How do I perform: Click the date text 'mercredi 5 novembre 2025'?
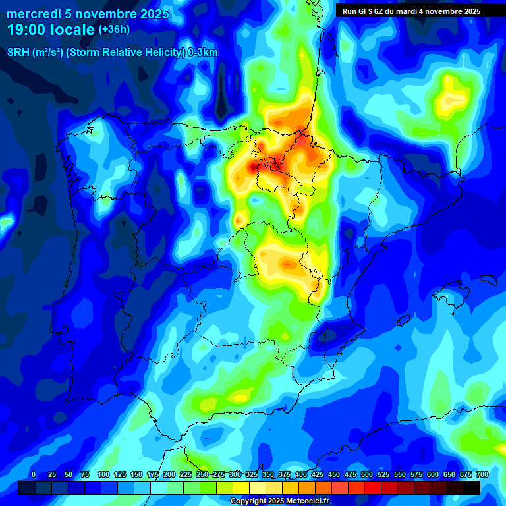(x=88, y=13)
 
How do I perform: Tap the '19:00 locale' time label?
(x=51, y=30)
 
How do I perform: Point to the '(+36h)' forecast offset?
(x=114, y=30)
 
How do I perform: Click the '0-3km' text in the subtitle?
(x=203, y=53)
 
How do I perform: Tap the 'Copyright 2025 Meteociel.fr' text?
(x=279, y=501)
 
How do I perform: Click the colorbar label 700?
(x=482, y=474)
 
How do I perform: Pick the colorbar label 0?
(x=34, y=474)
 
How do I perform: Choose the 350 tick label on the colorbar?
(x=267, y=474)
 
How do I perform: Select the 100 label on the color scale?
(x=103, y=474)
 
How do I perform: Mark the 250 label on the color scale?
(x=202, y=474)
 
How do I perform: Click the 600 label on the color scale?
(x=432, y=474)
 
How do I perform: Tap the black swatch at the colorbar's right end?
(x=471, y=488)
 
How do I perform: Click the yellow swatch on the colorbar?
(x=240, y=488)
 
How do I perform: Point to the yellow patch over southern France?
(x=450, y=92)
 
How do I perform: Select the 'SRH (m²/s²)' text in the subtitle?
(x=35, y=53)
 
